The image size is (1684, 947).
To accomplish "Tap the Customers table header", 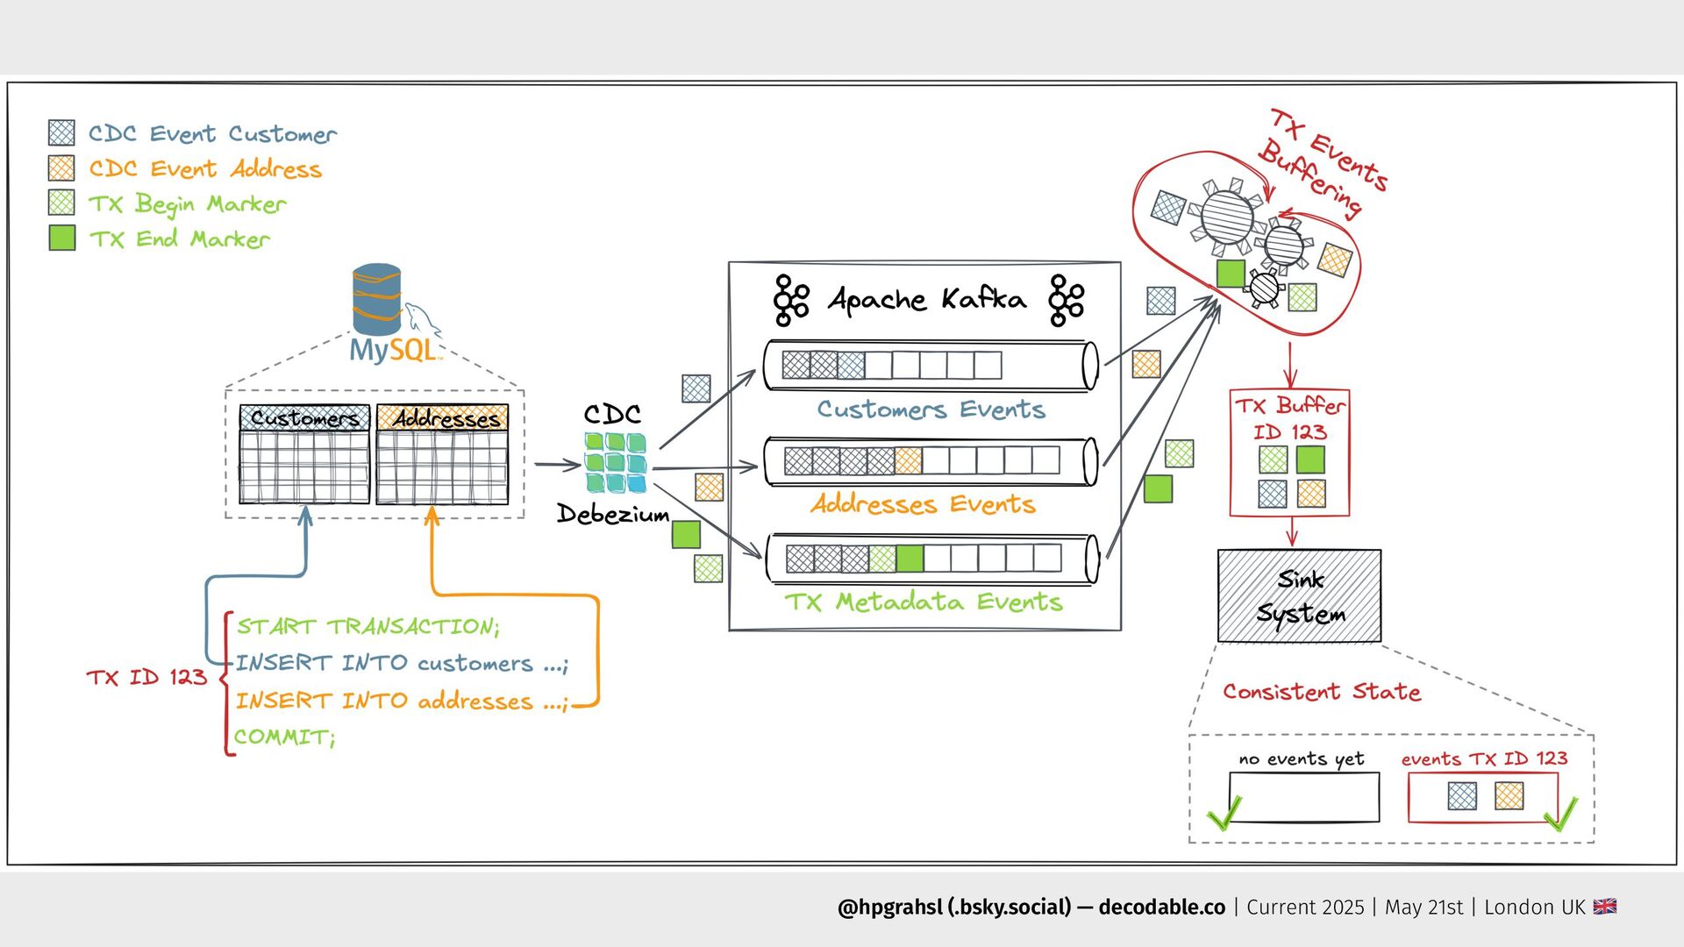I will click(304, 418).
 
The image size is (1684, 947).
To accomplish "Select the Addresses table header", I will click(443, 418).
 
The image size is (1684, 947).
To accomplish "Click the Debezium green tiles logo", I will click(615, 462).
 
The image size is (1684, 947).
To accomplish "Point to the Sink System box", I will click(1299, 596).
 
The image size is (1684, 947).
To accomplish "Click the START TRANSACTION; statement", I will click(367, 626).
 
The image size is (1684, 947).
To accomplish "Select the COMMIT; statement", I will click(284, 737).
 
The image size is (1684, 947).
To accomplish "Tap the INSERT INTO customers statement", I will click(402, 663).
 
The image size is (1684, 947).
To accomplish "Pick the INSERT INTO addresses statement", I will click(402, 701).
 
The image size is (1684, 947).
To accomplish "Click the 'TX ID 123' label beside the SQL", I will click(146, 677).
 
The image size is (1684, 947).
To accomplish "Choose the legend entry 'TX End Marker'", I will click(180, 239).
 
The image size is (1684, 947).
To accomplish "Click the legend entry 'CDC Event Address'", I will click(205, 168).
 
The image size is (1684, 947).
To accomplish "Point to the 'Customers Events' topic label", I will click(931, 409).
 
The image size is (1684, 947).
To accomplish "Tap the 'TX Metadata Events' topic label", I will click(923, 602).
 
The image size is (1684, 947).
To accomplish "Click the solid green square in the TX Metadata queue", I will click(910, 559).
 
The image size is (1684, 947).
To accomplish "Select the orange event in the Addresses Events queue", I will click(908, 460).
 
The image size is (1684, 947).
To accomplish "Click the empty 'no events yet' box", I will click(1304, 797).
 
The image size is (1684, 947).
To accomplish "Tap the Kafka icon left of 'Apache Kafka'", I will click(790, 300).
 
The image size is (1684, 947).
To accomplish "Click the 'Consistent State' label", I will click(1322, 692).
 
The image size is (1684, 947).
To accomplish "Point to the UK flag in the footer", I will click(1605, 907).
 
